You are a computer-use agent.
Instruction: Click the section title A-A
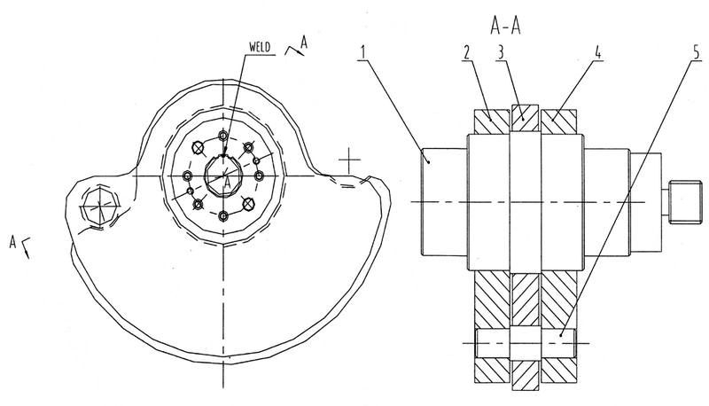[505, 27]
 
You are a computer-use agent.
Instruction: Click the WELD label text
[260, 47]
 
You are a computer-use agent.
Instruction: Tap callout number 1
[362, 52]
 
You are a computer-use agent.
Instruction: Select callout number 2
[466, 52]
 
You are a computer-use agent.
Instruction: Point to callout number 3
[500, 52]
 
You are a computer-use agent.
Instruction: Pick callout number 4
[597, 52]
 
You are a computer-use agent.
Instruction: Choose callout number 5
[697, 52]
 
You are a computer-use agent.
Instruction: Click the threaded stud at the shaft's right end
[685, 201]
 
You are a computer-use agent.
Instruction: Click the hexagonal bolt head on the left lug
[99, 207]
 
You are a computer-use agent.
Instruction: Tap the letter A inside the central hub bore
[227, 183]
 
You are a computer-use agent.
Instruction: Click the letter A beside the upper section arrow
[304, 43]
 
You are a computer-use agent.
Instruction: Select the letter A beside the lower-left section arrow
[12, 242]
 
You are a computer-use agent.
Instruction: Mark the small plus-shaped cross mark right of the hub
[349, 160]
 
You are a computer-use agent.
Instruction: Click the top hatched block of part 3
[525, 119]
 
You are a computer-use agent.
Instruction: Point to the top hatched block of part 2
[492, 121]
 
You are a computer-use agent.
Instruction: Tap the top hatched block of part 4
[559, 121]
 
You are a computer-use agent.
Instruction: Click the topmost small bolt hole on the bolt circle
[223, 135]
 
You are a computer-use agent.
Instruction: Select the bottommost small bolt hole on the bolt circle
[223, 216]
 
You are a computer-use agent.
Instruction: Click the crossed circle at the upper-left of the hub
[198, 147]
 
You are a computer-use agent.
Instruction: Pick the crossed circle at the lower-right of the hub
[248, 204]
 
